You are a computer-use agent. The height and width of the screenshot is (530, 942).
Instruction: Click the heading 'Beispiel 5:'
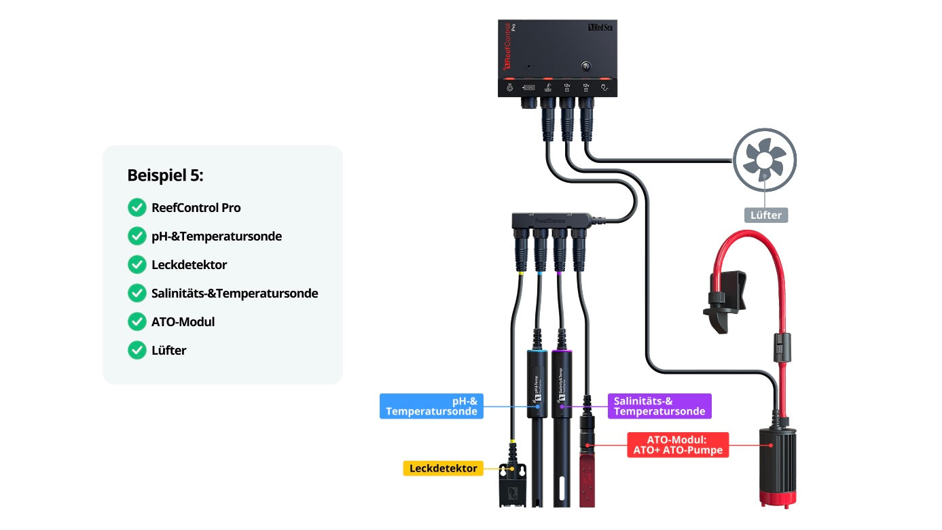click(165, 175)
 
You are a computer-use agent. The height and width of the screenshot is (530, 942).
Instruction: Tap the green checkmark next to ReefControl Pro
click(137, 207)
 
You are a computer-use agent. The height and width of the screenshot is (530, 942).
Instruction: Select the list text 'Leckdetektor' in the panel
click(189, 264)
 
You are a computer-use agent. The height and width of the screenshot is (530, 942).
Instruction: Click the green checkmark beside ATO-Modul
click(137, 321)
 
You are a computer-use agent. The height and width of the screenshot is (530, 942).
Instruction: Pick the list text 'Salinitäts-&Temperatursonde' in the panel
click(234, 293)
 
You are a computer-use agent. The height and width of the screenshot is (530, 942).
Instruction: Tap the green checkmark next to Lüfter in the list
click(137, 350)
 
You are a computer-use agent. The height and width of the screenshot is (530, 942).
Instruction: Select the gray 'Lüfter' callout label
click(765, 215)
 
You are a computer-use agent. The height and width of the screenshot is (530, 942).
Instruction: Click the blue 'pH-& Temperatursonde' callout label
click(431, 406)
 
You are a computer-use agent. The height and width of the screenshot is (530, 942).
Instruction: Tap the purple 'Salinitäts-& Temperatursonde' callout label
click(659, 406)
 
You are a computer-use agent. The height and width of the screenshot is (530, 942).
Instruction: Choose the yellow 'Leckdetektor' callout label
click(443, 468)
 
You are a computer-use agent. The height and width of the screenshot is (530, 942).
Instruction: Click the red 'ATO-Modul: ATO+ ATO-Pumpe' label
click(677, 444)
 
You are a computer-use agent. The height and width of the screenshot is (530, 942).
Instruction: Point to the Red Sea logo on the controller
click(600, 28)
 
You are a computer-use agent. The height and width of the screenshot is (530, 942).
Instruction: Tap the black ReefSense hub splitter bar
click(550, 221)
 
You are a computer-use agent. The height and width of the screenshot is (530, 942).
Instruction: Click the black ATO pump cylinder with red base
click(777, 462)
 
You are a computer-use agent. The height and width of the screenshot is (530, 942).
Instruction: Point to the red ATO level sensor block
click(587, 479)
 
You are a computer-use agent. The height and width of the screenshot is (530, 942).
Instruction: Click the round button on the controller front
click(585, 67)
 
